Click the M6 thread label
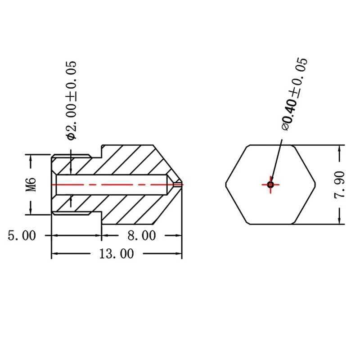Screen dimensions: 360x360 click(x=31, y=184)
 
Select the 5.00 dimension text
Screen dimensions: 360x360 click(x=22, y=235)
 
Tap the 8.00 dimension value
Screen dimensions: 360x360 click(x=142, y=235)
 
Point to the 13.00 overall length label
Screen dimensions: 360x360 click(x=117, y=254)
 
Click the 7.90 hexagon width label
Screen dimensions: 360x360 click(x=339, y=184)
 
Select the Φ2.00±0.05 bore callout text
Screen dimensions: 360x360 click(x=71, y=100)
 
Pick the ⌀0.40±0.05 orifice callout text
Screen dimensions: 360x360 click(x=295, y=94)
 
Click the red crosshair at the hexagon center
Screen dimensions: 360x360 click(x=271, y=184)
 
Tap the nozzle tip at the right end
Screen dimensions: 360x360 click(x=182, y=184)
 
